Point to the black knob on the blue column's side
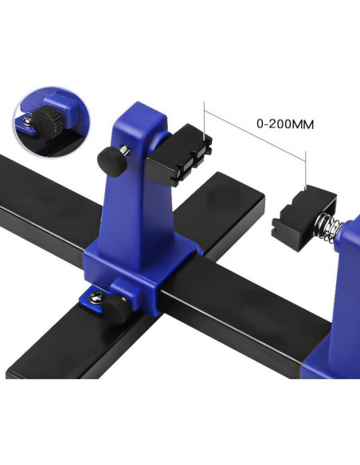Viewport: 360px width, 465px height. point(111,158)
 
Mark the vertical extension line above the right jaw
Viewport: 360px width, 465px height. point(307,170)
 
